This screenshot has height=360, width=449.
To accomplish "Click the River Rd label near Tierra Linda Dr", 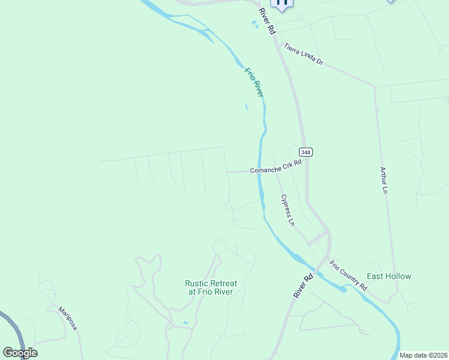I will [x=267, y=20].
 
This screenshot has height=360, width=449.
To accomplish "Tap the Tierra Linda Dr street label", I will [x=304, y=54].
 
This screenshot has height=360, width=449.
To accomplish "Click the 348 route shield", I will [x=306, y=152].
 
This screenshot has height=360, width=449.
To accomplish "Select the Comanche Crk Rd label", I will [x=276, y=170].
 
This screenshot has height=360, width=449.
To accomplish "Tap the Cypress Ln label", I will [x=288, y=209].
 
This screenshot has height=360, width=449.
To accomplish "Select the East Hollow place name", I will [x=389, y=276].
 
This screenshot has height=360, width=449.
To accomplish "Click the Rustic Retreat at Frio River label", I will [x=211, y=287].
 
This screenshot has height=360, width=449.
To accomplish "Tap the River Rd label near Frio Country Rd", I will [x=304, y=286].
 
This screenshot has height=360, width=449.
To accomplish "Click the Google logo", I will [x=20, y=353].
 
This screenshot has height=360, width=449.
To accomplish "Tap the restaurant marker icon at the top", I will [x=282, y=3].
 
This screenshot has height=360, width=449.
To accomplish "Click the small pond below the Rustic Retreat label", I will [x=185, y=323].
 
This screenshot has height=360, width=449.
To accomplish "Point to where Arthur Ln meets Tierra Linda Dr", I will [x=375, y=86].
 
